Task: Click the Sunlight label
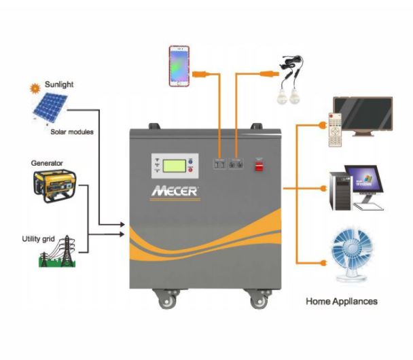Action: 59,85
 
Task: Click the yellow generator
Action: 56,185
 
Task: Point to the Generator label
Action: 47,164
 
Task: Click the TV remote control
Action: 337,131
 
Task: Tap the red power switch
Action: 259,164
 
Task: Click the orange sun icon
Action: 34,88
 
